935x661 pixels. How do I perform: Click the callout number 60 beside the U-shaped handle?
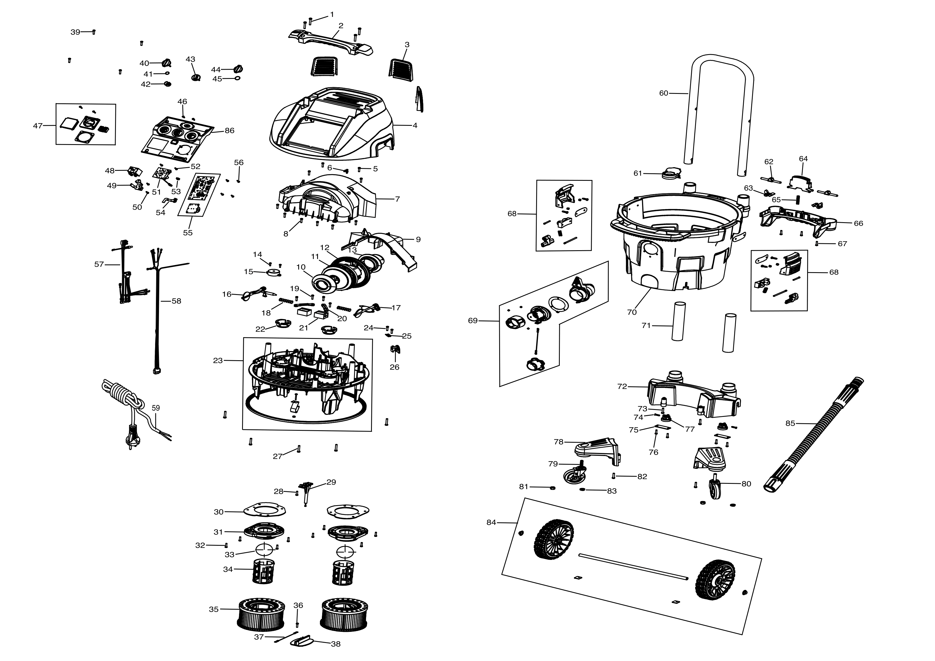[x=663, y=93]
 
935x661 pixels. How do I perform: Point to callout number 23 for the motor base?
[x=218, y=360]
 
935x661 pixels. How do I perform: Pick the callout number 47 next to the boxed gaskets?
[x=38, y=126]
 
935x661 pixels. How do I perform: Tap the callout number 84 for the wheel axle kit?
[x=491, y=522]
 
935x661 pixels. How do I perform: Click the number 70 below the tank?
[x=631, y=312]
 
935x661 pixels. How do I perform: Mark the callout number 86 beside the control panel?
[x=230, y=131]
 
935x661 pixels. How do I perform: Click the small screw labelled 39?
[x=94, y=32]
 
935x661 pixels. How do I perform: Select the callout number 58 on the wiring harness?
[x=176, y=301]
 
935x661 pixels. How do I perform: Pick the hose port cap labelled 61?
[x=671, y=174]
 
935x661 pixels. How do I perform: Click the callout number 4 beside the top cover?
[x=415, y=125]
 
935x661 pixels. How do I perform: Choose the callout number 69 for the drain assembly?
[x=473, y=321]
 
